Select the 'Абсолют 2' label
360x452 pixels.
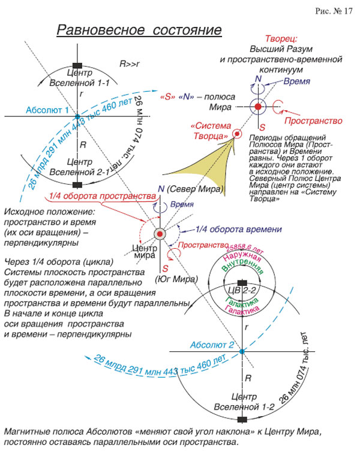[212, 345]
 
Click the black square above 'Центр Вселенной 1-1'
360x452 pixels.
[76, 65]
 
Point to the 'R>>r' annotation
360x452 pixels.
[130, 62]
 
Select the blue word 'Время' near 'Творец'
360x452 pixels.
[297, 80]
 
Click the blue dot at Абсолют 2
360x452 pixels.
[241, 351]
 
